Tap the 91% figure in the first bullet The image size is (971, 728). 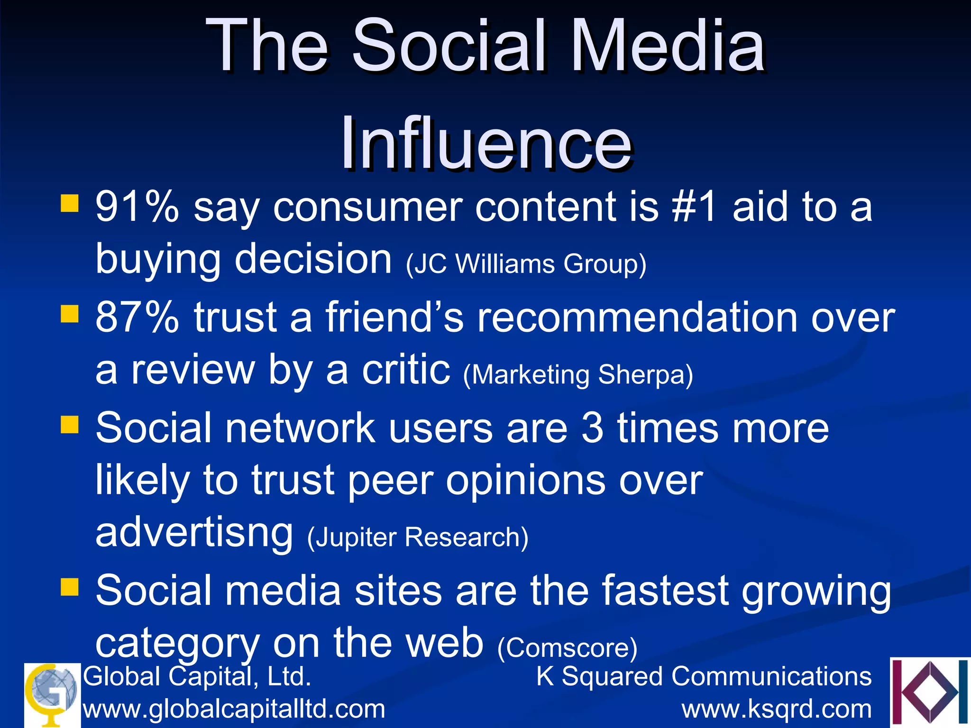point(137,207)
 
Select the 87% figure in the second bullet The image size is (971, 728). point(137,318)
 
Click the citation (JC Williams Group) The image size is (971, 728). point(526,264)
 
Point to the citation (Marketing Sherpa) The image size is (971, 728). point(578,375)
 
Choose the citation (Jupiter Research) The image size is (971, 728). point(418,537)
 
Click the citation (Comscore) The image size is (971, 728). point(567,648)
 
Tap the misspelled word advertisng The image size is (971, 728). point(194,533)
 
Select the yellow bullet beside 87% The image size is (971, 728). point(69,314)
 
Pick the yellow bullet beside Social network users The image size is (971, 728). point(69,425)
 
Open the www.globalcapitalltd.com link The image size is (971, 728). point(234,710)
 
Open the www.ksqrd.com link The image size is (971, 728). point(777,710)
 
